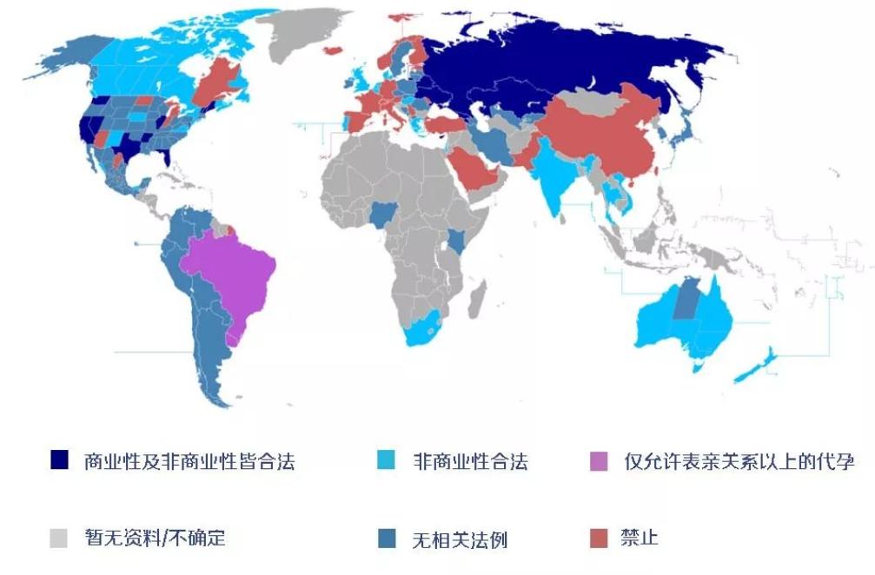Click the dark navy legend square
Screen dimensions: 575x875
[x=60, y=459]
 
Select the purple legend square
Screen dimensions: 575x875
[x=599, y=459]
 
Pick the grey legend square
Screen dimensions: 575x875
[x=60, y=538]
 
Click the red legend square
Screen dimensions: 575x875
[x=599, y=539]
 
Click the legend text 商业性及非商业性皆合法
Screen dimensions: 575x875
[x=189, y=460]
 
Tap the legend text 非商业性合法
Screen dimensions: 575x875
[x=470, y=460]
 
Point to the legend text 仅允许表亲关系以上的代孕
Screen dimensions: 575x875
[x=739, y=460]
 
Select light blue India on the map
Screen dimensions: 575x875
[x=553, y=178]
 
